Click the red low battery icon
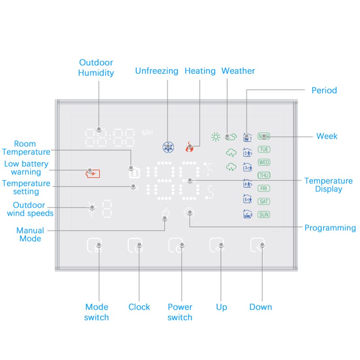coord(93,174)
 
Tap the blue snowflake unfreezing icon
coord(168,147)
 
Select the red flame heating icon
coord(189,147)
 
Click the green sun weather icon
coord(216,137)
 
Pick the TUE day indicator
coord(264,149)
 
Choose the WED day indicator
coord(264,162)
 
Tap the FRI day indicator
coord(264,189)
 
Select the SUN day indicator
coord(264,215)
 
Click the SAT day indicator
coord(264,202)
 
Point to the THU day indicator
coord(264,175)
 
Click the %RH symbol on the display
coord(147,133)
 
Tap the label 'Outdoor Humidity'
coord(96,67)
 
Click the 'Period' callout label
coord(324,90)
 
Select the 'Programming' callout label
coord(330,228)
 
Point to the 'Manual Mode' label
coord(30,234)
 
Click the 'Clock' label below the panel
coord(139,307)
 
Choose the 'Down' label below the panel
coord(261,307)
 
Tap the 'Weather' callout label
coord(238,71)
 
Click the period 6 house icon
coord(247,214)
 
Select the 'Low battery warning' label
coord(26,168)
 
